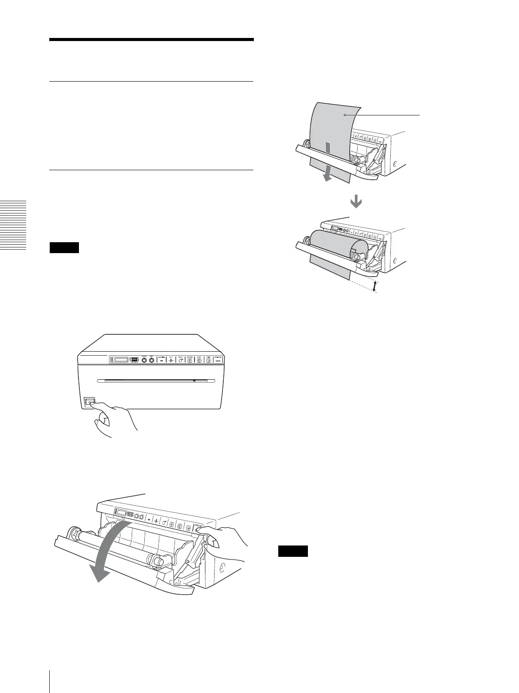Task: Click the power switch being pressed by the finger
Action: [x=89, y=402]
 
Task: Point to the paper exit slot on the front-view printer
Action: [x=157, y=381]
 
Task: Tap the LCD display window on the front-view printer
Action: [x=122, y=360]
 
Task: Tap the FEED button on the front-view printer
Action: [x=181, y=360]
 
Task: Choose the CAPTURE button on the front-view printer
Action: [x=190, y=360]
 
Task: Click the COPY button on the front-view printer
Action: [x=199, y=360]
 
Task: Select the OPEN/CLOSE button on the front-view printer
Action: [x=218, y=360]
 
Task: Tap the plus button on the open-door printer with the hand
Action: [x=156, y=521]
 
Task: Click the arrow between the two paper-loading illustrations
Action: [x=356, y=201]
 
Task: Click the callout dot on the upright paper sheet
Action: [x=345, y=115]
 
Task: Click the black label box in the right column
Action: [x=293, y=551]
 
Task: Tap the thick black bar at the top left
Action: [x=151, y=40]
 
